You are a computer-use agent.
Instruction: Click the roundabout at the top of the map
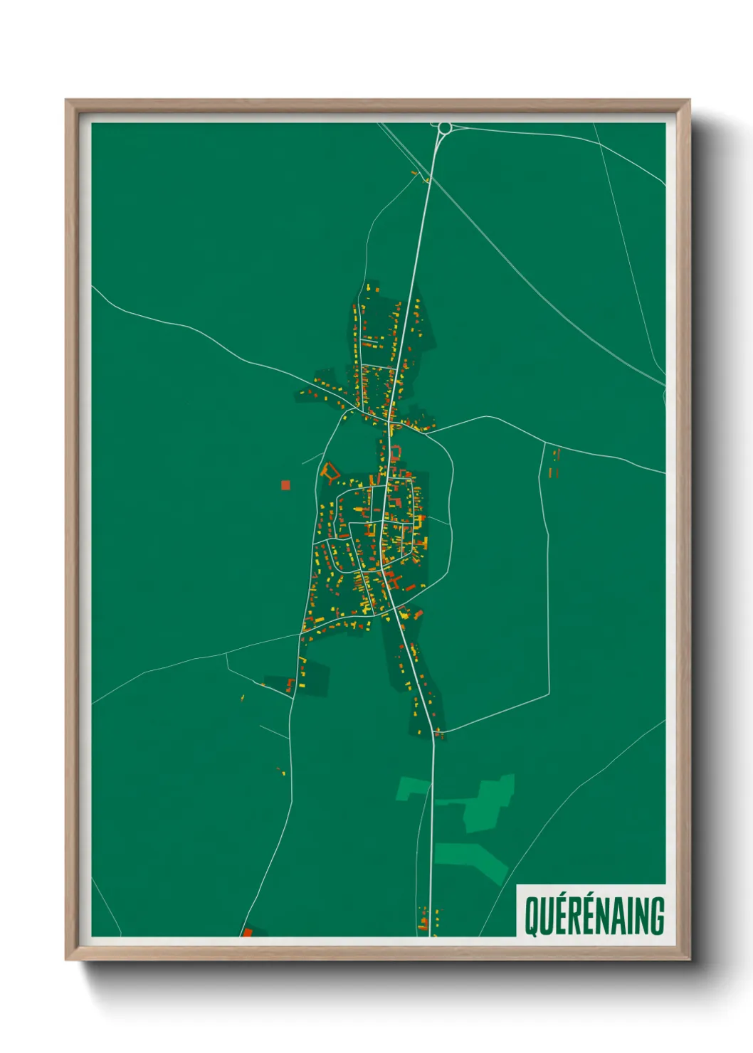[x=445, y=128]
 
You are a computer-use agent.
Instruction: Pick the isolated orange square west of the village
[x=285, y=485]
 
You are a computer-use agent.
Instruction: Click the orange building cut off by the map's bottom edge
[x=248, y=932]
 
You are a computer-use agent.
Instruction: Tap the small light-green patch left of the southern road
[x=412, y=788]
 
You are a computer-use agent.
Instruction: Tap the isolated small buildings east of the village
[x=554, y=462]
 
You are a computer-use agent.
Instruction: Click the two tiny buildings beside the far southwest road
[x=280, y=771]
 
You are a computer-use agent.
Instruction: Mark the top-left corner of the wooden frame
[x=67, y=100]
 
